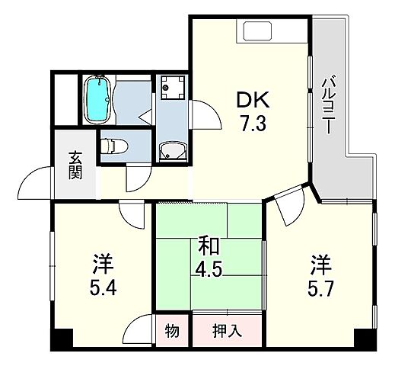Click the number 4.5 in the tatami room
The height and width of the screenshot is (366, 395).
point(210,271)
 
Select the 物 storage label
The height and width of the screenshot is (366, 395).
point(172,331)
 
